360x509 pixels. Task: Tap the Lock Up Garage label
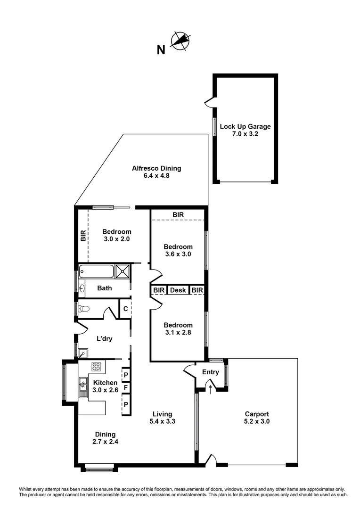click(245, 130)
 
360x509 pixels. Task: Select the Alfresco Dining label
click(156, 172)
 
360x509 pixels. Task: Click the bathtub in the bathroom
click(97, 271)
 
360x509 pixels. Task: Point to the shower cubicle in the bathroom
click(123, 271)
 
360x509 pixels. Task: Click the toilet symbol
click(84, 309)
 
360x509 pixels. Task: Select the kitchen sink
click(83, 386)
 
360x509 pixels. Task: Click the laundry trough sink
click(83, 353)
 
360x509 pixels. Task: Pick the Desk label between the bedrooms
click(178, 290)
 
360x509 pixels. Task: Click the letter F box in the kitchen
click(126, 388)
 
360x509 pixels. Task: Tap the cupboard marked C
click(125, 309)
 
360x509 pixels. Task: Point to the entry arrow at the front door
click(210, 389)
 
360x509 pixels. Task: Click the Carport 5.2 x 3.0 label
click(257, 418)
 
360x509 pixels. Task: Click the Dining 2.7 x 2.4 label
click(105, 438)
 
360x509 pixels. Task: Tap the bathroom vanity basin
click(82, 287)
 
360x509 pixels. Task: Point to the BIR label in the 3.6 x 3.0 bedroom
click(178, 215)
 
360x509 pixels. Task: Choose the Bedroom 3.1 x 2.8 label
click(178, 329)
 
